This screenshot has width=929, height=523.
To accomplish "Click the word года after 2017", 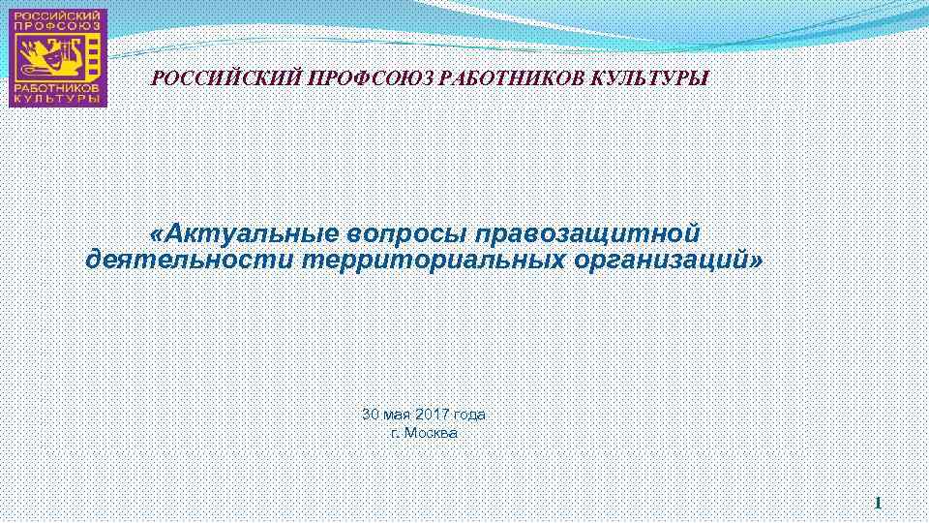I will click(469, 415).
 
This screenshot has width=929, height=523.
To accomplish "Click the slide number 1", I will click(878, 503).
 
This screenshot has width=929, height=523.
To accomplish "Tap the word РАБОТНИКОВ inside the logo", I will click(57, 85).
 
